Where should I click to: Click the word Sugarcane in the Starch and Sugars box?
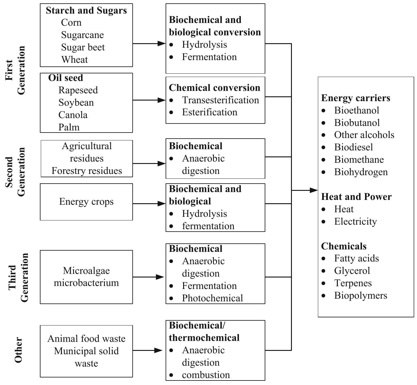[82, 35]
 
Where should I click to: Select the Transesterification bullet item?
[220, 100]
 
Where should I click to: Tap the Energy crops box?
[86, 202]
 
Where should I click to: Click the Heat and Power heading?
[356, 197]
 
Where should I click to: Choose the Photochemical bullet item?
[212, 298]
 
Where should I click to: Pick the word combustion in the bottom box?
[206, 375]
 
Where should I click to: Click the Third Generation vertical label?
[18, 277]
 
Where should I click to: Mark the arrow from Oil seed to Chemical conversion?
[149, 100]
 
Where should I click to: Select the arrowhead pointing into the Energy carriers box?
[313, 190]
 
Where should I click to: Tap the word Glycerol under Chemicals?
[352, 271]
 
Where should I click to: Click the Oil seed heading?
[66, 78]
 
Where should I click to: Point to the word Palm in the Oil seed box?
[69, 127]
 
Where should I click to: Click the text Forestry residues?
[87, 171]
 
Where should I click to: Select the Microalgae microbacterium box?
[86, 277]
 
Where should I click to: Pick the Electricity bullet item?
[355, 221]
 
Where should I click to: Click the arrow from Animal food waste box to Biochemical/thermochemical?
[149, 350]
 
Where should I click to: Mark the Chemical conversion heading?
[214, 88]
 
